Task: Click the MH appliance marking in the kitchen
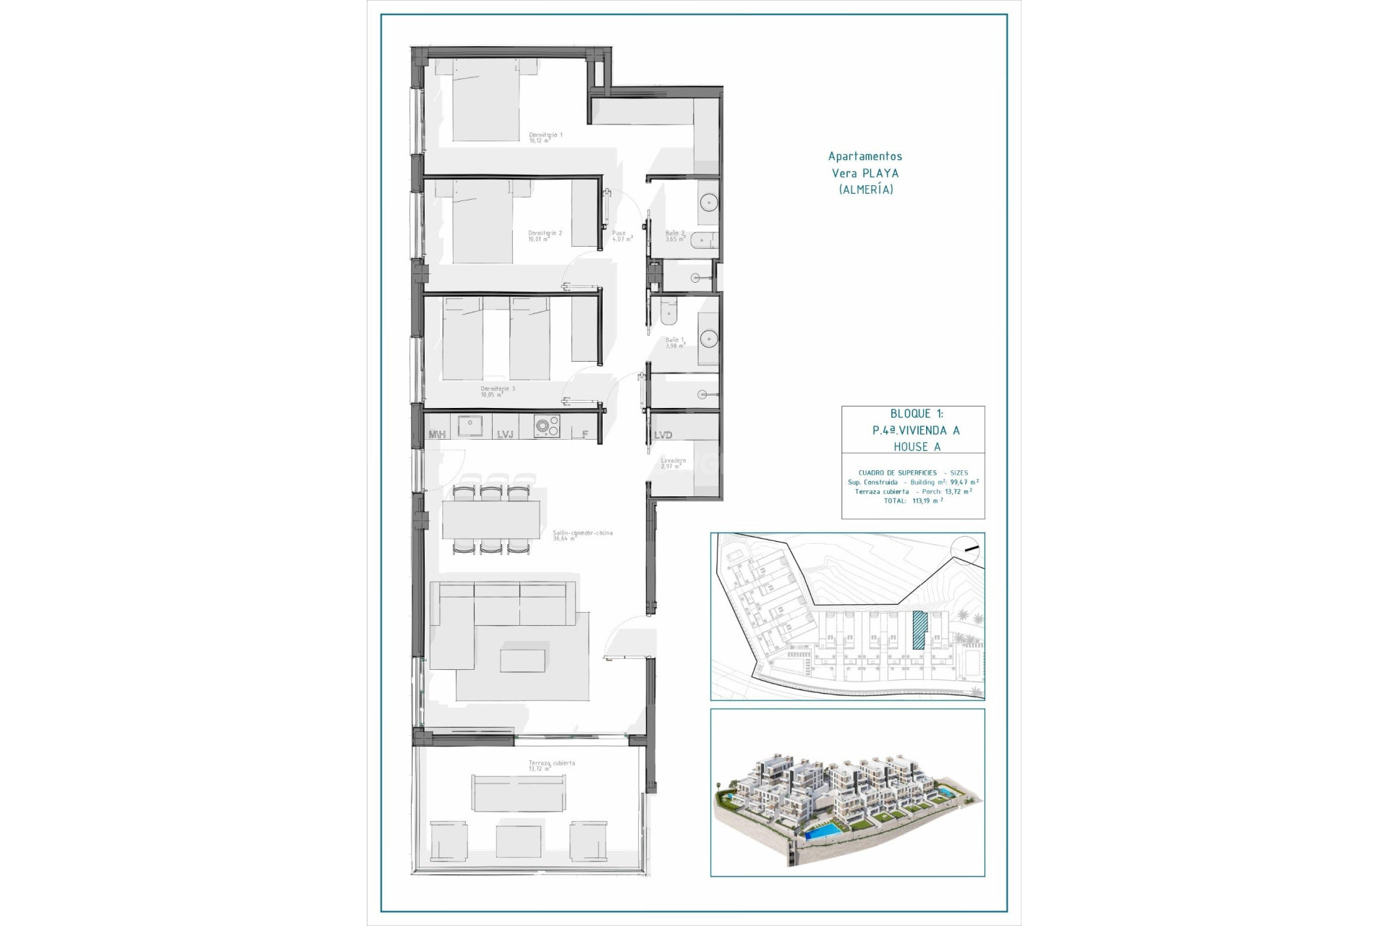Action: (x=437, y=434)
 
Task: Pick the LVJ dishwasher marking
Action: (x=505, y=434)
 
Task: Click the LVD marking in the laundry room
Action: (x=663, y=435)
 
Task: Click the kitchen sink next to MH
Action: (x=470, y=426)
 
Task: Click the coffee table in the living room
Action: (x=522, y=660)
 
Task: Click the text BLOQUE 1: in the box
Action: (x=916, y=414)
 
